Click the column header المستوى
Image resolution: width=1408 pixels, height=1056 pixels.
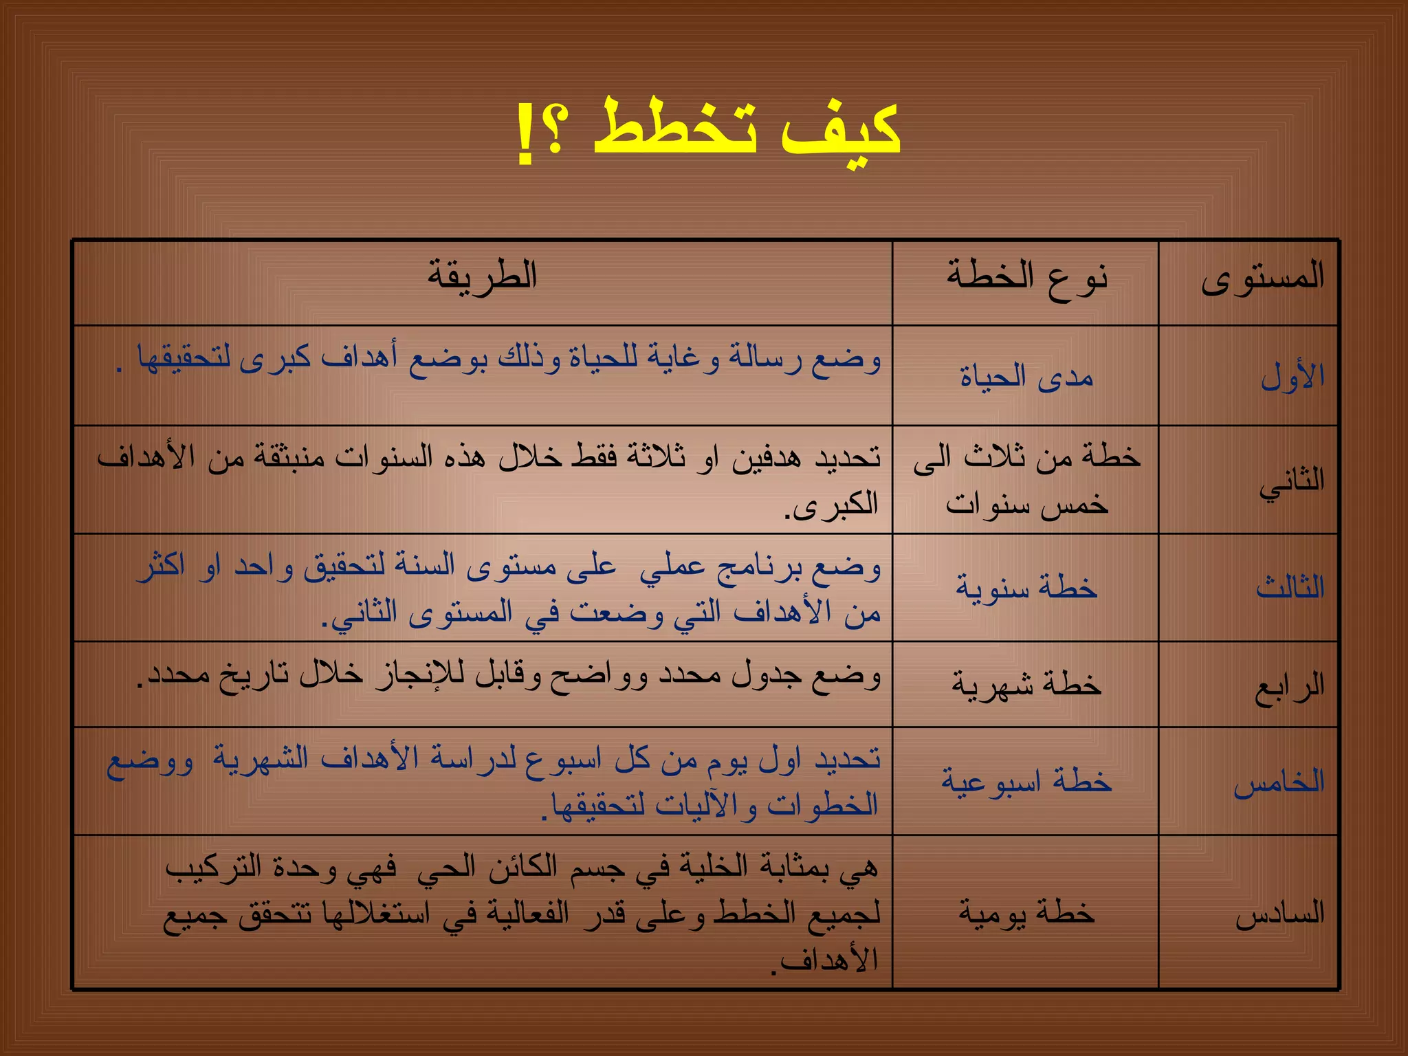[1262, 277]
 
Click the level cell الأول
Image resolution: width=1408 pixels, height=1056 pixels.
[1292, 377]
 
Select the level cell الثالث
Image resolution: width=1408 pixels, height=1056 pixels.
[1290, 588]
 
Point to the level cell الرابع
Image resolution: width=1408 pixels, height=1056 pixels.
[1289, 685]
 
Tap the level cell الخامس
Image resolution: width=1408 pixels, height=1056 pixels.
[1278, 782]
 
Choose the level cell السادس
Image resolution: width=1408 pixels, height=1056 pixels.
[1279, 914]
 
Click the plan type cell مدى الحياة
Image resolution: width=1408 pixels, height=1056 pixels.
[1026, 377]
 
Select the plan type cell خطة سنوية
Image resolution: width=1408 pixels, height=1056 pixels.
[1026, 588]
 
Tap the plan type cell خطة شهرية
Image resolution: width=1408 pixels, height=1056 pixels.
[1026, 685]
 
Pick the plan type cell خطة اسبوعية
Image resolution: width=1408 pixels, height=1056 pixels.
[1026, 782]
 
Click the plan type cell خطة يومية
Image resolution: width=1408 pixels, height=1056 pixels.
[1026, 913]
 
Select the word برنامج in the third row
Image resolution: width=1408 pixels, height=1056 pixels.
[757, 568]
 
